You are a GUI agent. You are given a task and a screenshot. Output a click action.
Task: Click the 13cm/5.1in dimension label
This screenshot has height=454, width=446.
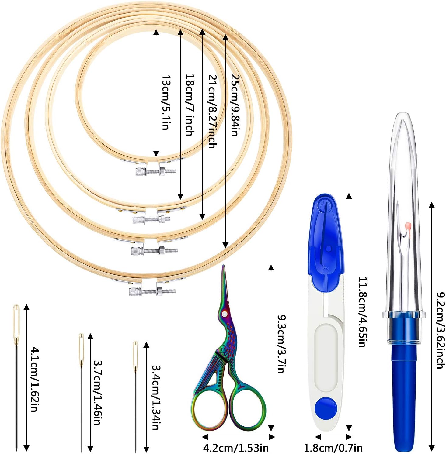click(166, 102)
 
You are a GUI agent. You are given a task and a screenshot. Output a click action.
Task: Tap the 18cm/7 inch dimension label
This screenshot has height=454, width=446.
click(190, 105)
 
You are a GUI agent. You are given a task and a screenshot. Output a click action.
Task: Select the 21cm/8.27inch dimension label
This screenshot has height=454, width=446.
click(212, 111)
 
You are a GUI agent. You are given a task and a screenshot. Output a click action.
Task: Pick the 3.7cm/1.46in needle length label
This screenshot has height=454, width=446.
click(98, 392)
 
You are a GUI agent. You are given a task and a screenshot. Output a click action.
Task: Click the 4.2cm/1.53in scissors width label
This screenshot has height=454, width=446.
click(236, 448)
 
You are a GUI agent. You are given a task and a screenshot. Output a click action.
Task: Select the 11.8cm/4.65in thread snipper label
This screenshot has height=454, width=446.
click(362, 312)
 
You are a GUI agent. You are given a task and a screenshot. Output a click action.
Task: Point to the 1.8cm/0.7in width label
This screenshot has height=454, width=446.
click(333, 448)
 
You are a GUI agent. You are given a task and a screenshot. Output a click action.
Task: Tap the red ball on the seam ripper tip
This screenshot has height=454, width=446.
click(408, 226)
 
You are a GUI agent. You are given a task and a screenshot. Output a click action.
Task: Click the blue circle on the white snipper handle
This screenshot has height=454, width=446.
click(326, 407)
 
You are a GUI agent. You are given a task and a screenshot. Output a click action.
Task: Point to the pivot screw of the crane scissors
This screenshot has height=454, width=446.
click(225, 313)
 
